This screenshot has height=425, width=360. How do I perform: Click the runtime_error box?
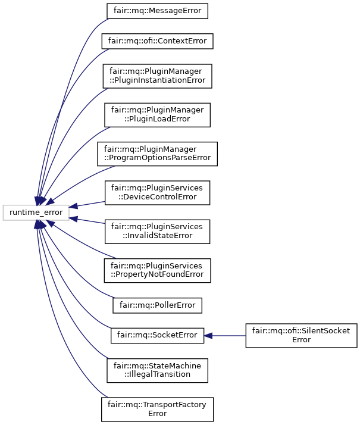[36, 211]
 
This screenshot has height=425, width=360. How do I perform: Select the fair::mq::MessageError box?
[158, 11]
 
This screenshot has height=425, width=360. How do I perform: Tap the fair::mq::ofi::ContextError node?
[158, 42]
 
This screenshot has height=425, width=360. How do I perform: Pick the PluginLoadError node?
[158, 114]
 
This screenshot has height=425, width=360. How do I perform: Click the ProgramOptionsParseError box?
[158, 153]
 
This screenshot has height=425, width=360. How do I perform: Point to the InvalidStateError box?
[157, 230]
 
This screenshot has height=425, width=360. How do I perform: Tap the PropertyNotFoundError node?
[157, 269]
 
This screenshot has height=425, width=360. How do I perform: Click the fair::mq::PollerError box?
[158, 305]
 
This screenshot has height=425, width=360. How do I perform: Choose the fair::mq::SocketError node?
[158, 335]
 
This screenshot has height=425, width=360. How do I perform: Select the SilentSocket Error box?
[301, 335]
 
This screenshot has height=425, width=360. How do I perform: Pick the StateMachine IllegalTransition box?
[157, 370]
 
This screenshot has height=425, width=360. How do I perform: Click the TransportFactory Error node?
[158, 409]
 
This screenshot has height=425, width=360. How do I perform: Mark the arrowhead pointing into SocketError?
[209, 335]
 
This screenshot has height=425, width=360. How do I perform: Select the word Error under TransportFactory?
[158, 414]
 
